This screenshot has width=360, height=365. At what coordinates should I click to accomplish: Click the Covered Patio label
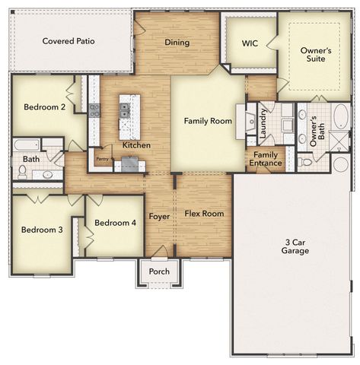(x=68, y=41)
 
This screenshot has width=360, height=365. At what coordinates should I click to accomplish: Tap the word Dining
(x=177, y=43)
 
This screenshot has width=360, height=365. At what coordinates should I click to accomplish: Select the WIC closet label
(x=250, y=43)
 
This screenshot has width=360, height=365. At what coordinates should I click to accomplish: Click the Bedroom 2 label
(x=44, y=107)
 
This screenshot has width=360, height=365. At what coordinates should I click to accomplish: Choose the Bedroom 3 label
(x=42, y=230)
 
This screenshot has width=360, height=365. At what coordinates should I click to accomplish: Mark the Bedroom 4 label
(x=116, y=223)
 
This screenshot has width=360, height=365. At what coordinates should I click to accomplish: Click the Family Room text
(x=208, y=121)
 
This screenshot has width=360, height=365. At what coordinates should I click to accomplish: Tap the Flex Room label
(x=204, y=214)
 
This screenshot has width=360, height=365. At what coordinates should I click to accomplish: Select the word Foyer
(x=159, y=217)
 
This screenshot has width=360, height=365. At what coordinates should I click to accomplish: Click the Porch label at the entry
(x=159, y=271)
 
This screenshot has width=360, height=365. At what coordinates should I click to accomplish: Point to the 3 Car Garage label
(x=294, y=246)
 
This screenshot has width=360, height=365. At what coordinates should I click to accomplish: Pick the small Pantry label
(x=101, y=160)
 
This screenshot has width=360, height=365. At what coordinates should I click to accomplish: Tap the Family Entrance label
(x=266, y=159)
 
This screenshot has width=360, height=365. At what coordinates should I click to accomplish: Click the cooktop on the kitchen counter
(x=95, y=111)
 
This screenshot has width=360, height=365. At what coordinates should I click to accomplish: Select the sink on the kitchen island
(x=126, y=111)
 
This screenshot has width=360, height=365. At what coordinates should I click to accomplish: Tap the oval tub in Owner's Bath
(x=339, y=119)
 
